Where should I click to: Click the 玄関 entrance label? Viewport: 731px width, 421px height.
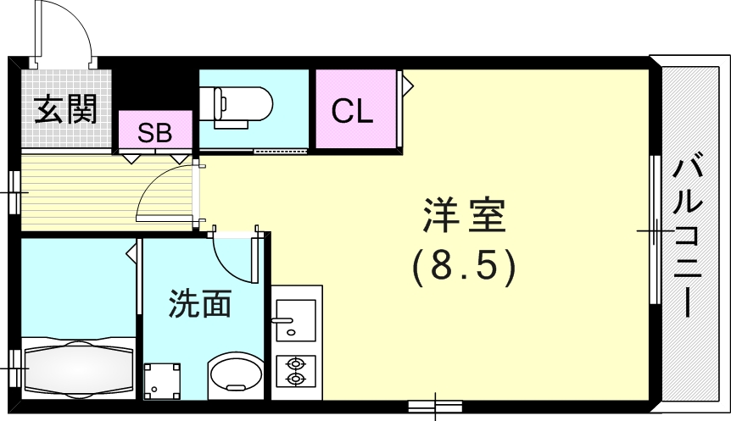pyautogui.click(x=64, y=109)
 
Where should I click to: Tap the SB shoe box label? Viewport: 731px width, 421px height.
pyautogui.click(x=155, y=132)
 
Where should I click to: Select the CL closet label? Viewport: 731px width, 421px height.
pyautogui.click(x=352, y=110)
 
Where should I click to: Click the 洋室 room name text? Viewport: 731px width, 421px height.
pyautogui.click(x=464, y=217)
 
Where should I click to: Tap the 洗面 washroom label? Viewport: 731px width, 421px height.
pyautogui.click(x=200, y=303)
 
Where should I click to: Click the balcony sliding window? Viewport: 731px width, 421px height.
pyautogui.click(x=655, y=230)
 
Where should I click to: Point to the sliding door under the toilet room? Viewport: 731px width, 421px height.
pyautogui.click(x=280, y=152)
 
